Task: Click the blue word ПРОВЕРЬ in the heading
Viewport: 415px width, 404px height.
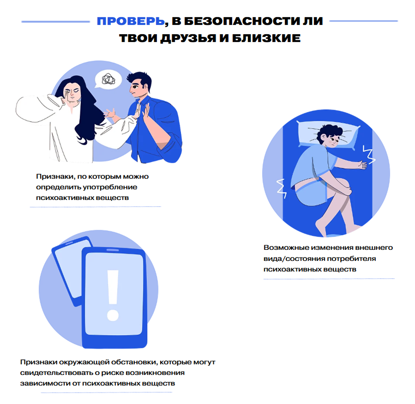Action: click(131, 21)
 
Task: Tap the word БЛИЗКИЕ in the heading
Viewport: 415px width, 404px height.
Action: click(266, 38)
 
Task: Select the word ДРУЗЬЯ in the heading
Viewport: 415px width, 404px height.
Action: click(188, 38)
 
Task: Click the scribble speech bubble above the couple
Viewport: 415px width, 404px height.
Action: click(108, 79)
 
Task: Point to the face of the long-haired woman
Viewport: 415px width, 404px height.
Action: click(72, 95)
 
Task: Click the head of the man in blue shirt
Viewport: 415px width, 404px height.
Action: click(139, 84)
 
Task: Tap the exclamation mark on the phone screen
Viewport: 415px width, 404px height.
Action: click(113, 295)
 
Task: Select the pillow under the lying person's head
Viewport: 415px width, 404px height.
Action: click(328, 135)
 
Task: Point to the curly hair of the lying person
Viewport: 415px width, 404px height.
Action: click(330, 132)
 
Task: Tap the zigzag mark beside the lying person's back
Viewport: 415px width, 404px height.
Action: click(281, 188)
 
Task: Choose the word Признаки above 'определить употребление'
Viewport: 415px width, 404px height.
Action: click(55, 176)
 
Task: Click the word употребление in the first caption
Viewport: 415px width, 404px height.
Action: click(110, 187)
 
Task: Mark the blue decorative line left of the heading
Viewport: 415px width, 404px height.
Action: click(55, 21)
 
